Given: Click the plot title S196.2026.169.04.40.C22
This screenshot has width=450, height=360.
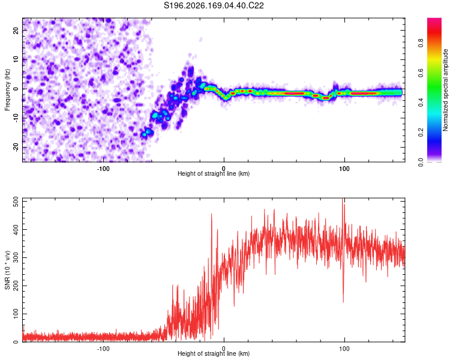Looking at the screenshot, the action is point(214,5).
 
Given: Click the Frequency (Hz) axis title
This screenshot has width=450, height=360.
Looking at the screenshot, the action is point(7,90).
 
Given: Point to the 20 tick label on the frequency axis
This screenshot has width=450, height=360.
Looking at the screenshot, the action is point(16,30).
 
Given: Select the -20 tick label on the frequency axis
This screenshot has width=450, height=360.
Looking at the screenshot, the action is point(16,148).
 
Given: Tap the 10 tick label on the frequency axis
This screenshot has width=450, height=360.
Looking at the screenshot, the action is point(16,59).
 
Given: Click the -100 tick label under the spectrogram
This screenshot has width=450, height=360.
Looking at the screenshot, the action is point(103,169).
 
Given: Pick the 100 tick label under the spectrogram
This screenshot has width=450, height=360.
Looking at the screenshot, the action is point(344,169).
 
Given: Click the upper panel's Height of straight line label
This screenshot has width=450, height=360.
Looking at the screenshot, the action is point(214,173).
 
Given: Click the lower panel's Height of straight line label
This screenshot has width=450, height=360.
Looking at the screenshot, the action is point(214,353).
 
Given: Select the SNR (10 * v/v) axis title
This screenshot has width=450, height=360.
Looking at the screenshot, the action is point(7,270).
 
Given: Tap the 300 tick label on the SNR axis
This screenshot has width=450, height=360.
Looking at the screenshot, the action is point(16,257).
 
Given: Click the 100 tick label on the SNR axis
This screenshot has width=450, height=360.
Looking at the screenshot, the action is point(16,314).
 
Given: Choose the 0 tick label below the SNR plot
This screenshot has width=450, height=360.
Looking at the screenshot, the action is point(224,349).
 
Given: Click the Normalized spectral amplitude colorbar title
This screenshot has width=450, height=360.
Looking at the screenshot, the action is point(445,90).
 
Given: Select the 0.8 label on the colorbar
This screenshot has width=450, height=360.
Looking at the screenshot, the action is point(421,43).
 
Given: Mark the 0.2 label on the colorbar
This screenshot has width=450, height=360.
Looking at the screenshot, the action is point(421,133).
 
